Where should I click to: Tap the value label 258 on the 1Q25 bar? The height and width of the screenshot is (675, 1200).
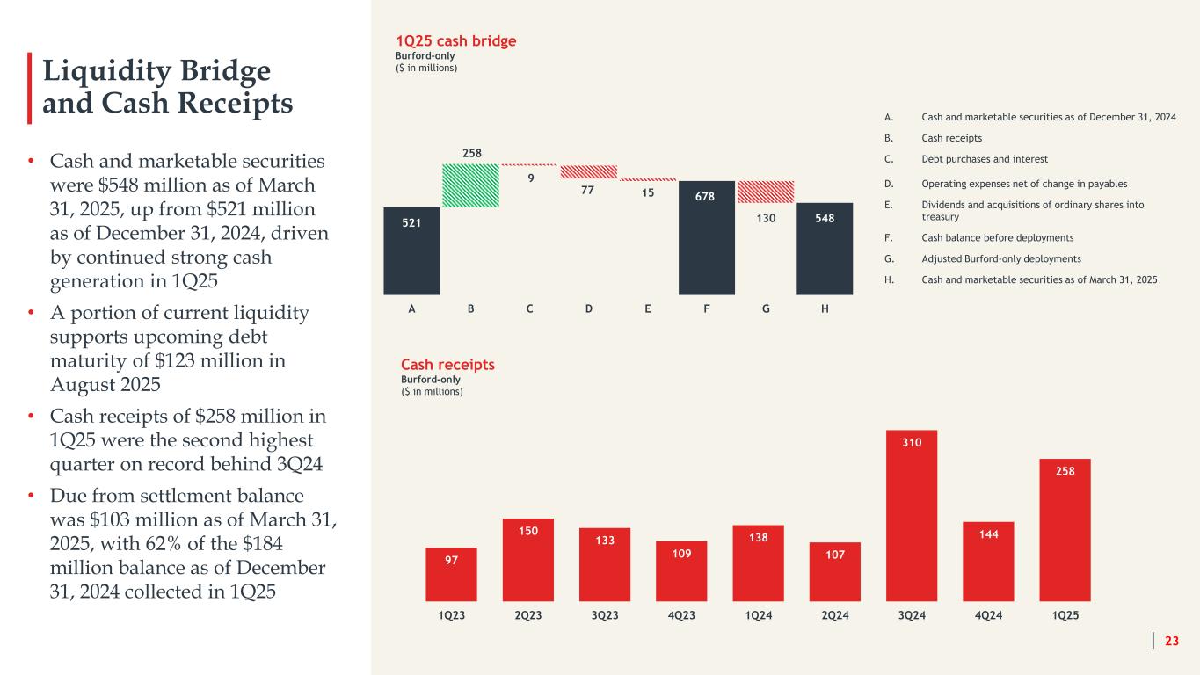[x=1065, y=472]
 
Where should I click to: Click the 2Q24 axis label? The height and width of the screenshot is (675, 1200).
[x=835, y=615]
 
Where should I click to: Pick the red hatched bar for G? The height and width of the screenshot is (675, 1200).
[x=766, y=192]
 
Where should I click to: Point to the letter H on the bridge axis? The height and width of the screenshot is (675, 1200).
[x=825, y=309]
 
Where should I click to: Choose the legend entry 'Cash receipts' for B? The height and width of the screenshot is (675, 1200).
[x=951, y=138]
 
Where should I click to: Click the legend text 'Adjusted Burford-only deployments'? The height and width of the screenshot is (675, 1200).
[x=1000, y=258]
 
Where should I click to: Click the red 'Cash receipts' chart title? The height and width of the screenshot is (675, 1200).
[x=447, y=365]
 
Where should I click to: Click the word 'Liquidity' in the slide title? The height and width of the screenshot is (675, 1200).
[x=104, y=71]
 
